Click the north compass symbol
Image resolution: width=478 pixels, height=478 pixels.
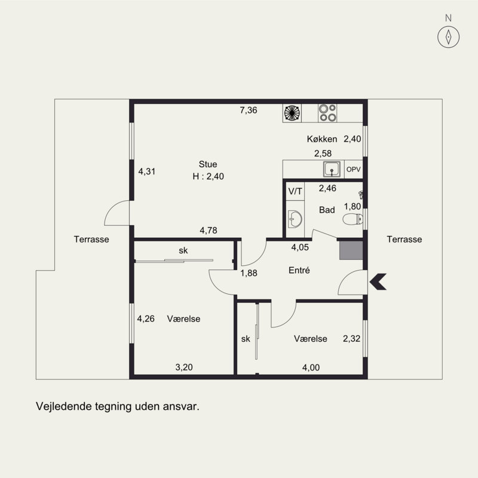tap(449, 37)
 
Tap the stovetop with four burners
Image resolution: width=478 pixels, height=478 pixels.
tap(327, 113)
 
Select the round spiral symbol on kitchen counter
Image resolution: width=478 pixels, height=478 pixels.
tap(292, 113)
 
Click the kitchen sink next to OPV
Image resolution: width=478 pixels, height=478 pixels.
tap(332, 169)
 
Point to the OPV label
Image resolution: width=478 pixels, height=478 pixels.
tap(353, 169)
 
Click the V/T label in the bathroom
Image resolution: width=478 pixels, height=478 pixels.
tap(295, 191)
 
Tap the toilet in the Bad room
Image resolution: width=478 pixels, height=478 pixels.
tap(353, 219)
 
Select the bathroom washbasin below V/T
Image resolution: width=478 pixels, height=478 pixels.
tap(295, 219)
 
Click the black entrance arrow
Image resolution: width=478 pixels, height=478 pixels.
tap(378, 281)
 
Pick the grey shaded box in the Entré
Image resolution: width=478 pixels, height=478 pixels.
tap(351, 250)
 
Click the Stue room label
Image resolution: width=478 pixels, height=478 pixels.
tap(208, 164)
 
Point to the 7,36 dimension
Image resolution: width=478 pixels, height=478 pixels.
tap(249, 110)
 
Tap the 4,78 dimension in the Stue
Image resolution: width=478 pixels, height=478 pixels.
tap(209, 230)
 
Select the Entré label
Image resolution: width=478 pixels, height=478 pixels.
tap(299, 270)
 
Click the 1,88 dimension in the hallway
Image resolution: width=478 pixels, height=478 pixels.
tap(249, 273)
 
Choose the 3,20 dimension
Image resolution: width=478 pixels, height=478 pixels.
tap(184, 367)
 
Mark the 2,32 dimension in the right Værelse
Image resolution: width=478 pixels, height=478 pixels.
tap(351, 338)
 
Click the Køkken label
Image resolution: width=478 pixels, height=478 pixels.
tap(322, 139)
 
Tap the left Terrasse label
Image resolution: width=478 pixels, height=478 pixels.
tap(91, 240)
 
